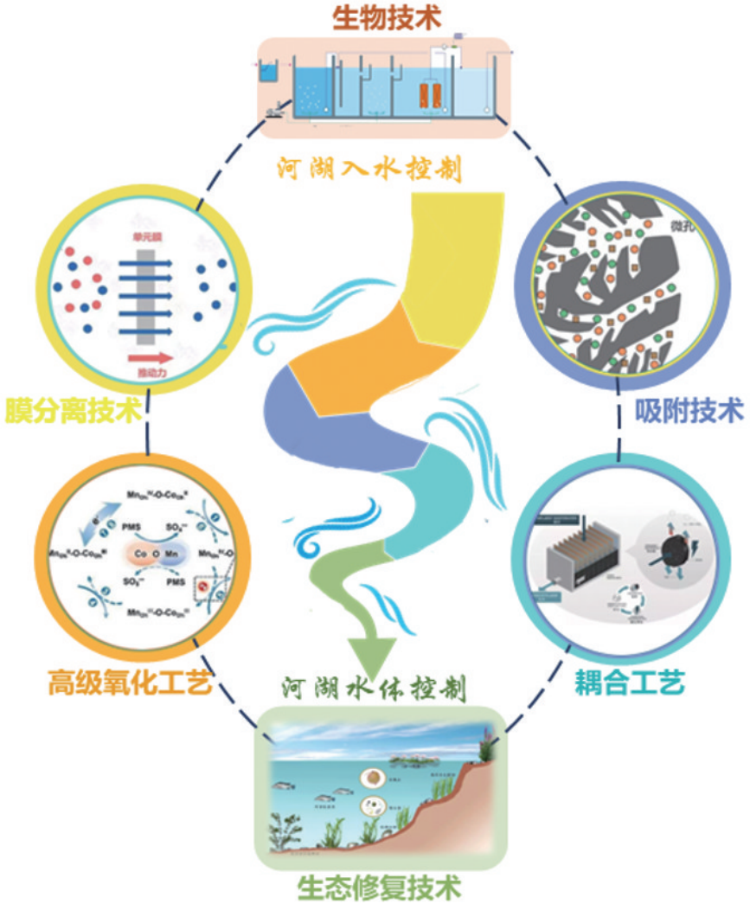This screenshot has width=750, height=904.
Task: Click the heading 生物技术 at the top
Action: (375, 17)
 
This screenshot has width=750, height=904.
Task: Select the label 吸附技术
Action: (688, 407)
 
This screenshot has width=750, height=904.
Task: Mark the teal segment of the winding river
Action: (433, 502)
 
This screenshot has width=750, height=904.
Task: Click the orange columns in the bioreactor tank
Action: (430, 94)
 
